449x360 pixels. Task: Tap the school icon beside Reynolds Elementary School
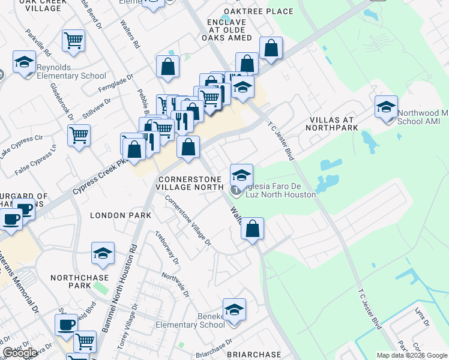[x=24, y=62]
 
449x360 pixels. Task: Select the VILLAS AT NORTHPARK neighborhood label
[x=331, y=123]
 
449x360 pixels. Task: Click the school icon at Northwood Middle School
[x=385, y=107]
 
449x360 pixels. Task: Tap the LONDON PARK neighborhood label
[x=116, y=215]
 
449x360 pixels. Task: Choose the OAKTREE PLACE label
[x=259, y=11]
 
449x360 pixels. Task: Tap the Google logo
[x=20, y=353]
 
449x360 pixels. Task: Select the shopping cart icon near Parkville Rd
[x=73, y=40]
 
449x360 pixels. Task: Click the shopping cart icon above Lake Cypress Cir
[x=79, y=135]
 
